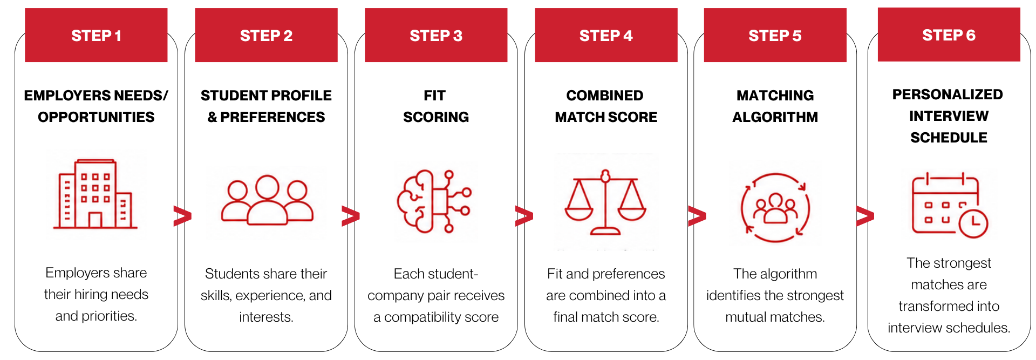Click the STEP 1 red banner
pos(96,35)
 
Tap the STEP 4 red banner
pos(606,35)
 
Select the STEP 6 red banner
pos(949,35)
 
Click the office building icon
pos(95,194)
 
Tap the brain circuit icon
pos(434,201)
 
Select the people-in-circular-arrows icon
pos(775,207)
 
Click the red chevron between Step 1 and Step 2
pos(182,216)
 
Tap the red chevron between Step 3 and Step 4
pos(524,216)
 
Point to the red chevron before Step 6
pos(865,216)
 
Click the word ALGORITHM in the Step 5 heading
pos(775,117)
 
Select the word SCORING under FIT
pos(436,117)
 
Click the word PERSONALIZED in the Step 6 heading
pos(948,94)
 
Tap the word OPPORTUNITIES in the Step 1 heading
pos(96,117)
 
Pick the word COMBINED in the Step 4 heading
pos(605,96)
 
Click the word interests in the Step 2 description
pos(266,317)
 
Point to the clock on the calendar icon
pos(973,223)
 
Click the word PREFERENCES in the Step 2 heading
pos(272,117)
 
